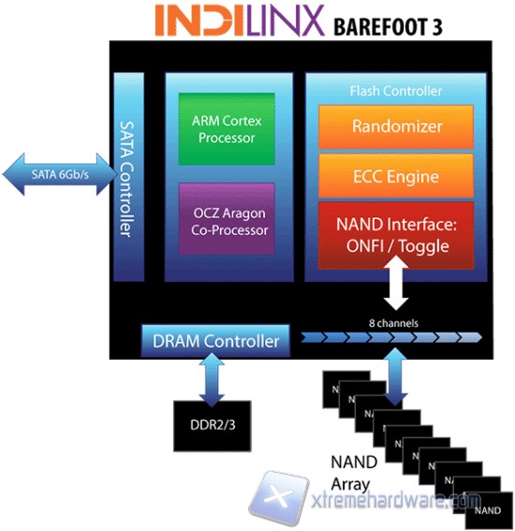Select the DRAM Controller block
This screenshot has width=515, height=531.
(x=215, y=342)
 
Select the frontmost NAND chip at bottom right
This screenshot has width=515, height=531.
(x=486, y=511)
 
